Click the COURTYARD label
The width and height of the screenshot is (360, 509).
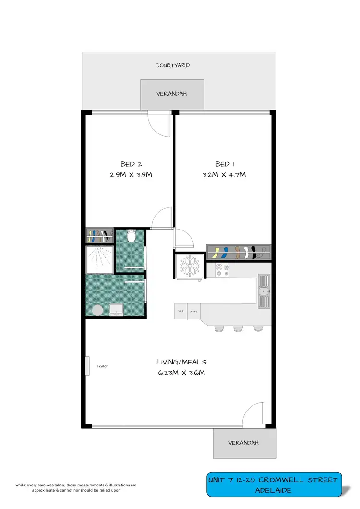[172, 65]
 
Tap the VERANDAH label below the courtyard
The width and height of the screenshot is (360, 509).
[171, 95]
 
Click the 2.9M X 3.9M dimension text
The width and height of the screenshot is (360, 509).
[131, 175]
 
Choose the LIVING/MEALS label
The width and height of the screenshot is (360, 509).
[180, 362]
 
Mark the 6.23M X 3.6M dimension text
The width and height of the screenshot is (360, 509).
[180, 373]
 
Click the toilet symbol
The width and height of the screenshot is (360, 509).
[131, 236]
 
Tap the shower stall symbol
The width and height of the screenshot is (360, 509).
[99, 259]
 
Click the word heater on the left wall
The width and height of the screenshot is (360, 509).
[102, 366]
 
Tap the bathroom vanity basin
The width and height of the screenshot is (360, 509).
[116, 310]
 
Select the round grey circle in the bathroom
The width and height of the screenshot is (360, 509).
[97, 311]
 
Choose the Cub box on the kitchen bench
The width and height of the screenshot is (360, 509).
[181, 310]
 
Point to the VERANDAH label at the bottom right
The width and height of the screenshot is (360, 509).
[245, 443]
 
